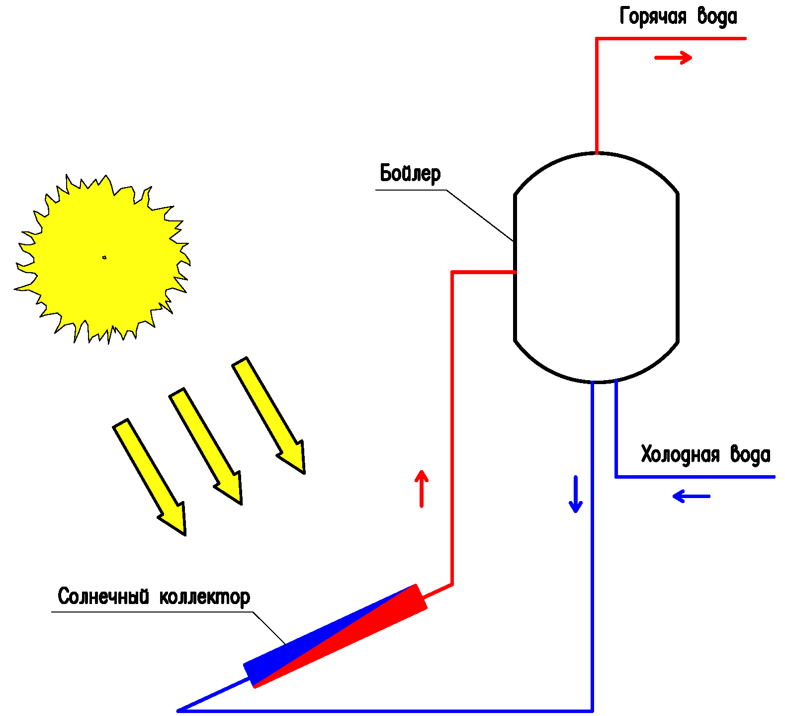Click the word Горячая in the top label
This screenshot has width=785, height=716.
pos(653,16)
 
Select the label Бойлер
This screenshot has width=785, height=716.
pos(410,174)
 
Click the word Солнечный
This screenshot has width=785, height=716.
pos(103,597)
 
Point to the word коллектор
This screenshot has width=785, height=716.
pos(205,597)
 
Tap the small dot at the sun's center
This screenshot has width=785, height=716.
pos(104,257)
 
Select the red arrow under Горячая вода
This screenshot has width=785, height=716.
pos(673,58)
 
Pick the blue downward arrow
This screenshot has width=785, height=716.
pos(576,495)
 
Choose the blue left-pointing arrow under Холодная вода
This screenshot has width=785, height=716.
pos(691,496)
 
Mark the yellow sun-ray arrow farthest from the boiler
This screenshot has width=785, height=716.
pos(149,477)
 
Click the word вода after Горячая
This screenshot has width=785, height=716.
pos(717,16)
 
